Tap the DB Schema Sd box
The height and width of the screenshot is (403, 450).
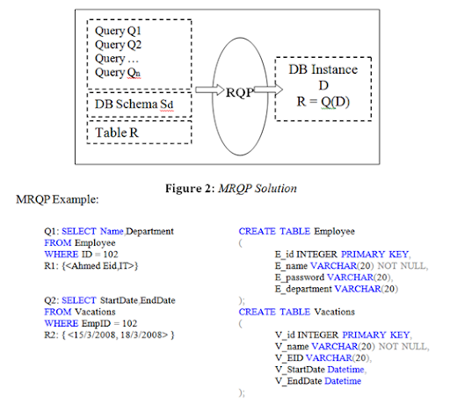[x=138, y=105]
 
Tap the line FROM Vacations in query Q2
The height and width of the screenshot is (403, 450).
[x=82, y=311]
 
